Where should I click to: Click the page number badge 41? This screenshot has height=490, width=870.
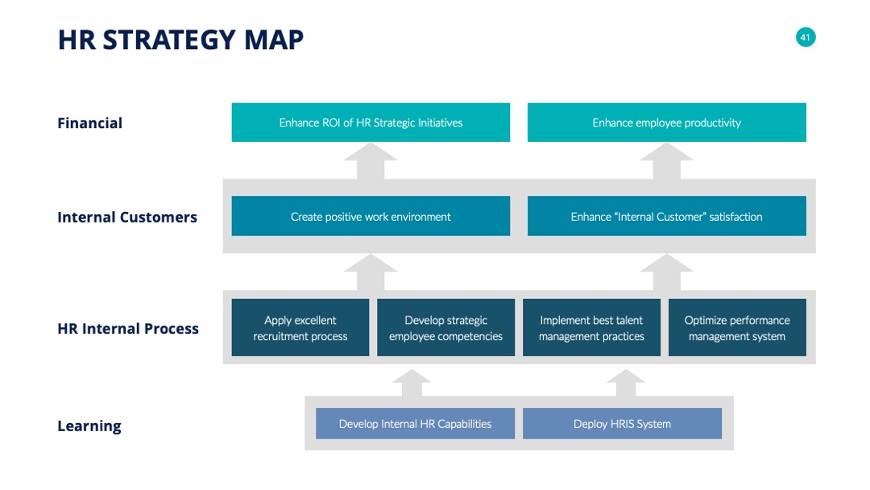coord(805,37)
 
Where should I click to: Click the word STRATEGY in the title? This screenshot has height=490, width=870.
coord(169,40)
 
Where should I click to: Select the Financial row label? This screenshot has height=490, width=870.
coord(90,122)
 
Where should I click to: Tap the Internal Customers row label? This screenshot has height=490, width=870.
coord(127,217)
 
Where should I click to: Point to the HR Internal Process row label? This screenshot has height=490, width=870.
coord(128,329)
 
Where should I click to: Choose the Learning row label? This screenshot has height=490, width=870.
coord(89,426)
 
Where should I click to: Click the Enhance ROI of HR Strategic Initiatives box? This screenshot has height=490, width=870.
coord(371,122)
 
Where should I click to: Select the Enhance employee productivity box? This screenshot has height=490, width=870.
coord(666,122)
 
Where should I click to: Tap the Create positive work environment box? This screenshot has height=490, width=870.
coord(371,216)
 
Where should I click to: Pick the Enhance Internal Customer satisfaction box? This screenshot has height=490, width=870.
coord(666,216)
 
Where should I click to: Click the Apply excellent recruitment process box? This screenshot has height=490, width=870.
coord(300,327)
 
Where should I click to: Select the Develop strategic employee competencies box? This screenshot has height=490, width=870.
coord(445,327)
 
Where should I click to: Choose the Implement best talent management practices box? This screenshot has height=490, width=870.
coord(591,327)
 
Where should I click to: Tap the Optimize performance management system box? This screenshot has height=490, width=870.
coord(737,327)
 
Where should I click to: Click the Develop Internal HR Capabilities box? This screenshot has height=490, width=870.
coord(415,423)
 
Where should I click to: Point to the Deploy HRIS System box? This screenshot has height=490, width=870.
coord(622,423)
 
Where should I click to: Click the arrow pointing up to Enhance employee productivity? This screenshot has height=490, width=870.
coord(666,161)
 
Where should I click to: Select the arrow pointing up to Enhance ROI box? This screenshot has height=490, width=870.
coord(371,161)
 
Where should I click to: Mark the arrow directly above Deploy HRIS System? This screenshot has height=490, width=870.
coord(626,383)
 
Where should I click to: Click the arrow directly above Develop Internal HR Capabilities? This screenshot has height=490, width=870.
coord(412,383)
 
